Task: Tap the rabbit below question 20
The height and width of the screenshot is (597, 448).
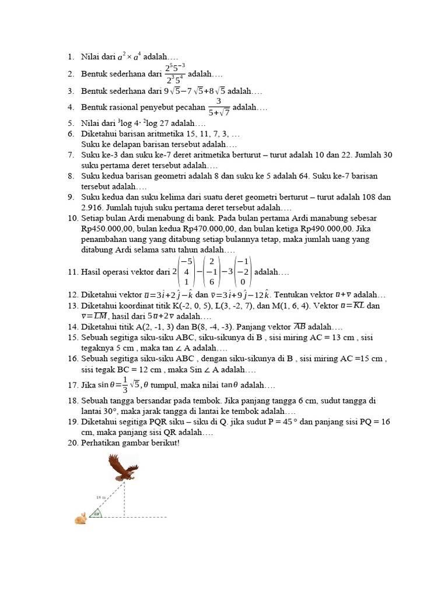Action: pos(80,518)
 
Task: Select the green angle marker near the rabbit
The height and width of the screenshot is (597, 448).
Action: pos(97,513)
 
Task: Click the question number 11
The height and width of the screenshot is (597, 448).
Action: pos(73,272)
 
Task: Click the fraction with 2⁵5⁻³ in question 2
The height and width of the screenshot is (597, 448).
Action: pos(174,75)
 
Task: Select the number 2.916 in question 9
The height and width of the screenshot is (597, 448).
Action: pos(94,208)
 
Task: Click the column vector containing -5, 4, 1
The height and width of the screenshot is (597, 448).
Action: pos(185,272)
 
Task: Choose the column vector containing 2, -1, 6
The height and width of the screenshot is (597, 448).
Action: pos(212,272)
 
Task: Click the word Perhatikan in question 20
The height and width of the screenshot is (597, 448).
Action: pos(101,443)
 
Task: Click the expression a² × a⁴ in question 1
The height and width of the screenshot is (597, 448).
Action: pos(129,57)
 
